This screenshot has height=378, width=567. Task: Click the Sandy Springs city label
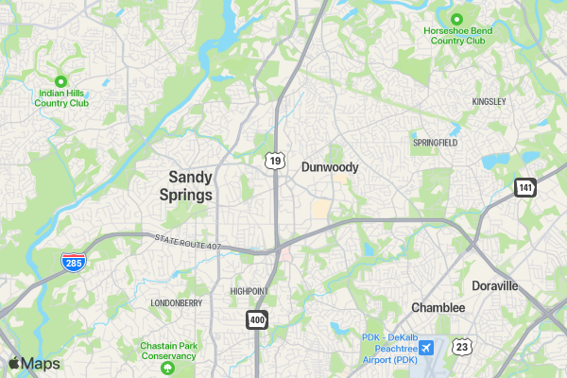pyautogui.click(x=190, y=184)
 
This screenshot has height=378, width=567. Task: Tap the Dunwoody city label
pyautogui.click(x=330, y=167)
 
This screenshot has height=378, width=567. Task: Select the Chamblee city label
pyautogui.click(x=438, y=308)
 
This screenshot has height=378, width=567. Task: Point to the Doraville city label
pyautogui.click(x=495, y=285)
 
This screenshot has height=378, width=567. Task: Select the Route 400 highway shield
pyautogui.click(x=257, y=320)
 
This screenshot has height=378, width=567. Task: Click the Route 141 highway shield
pyautogui.click(x=525, y=187)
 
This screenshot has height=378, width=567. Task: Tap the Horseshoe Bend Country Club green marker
pyautogui.click(x=456, y=19)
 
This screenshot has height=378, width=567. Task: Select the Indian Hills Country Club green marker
pyautogui.click(x=61, y=81)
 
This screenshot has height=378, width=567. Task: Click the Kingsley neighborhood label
pyautogui.click(x=489, y=101)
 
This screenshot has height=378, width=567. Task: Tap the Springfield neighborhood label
pyautogui.click(x=435, y=142)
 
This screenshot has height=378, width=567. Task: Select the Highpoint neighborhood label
pyautogui.click(x=249, y=291)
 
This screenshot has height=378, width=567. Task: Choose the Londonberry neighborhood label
pyautogui.click(x=177, y=303)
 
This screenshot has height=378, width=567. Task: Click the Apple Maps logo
pyautogui.click(x=34, y=364)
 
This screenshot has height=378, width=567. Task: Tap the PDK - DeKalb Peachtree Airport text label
pyautogui.click(x=389, y=349)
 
